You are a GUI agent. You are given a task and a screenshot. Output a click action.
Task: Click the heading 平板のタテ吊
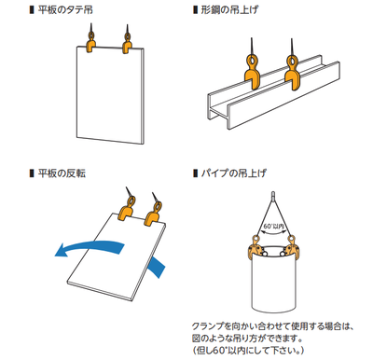point(65,10)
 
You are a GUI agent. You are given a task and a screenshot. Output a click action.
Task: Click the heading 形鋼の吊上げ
point(229,10)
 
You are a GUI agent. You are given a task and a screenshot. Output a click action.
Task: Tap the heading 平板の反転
point(62,173)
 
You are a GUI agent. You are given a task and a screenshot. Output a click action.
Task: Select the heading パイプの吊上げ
point(233,173)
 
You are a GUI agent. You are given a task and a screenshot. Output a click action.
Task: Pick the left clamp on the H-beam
point(251,72)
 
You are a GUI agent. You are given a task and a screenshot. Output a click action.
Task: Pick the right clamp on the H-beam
point(292,72)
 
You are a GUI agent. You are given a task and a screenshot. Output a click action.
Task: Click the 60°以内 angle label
point(274,227)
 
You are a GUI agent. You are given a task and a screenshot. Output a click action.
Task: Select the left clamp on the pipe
point(256,247)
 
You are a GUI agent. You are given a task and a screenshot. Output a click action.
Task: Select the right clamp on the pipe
point(290,247)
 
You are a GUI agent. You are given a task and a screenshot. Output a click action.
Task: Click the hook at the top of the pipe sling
point(272,195)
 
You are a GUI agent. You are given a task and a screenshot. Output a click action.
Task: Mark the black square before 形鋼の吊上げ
point(195,10)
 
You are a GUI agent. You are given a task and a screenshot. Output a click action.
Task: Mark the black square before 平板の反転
point(32,173)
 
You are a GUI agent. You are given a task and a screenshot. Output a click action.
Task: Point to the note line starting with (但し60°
point(248,351)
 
